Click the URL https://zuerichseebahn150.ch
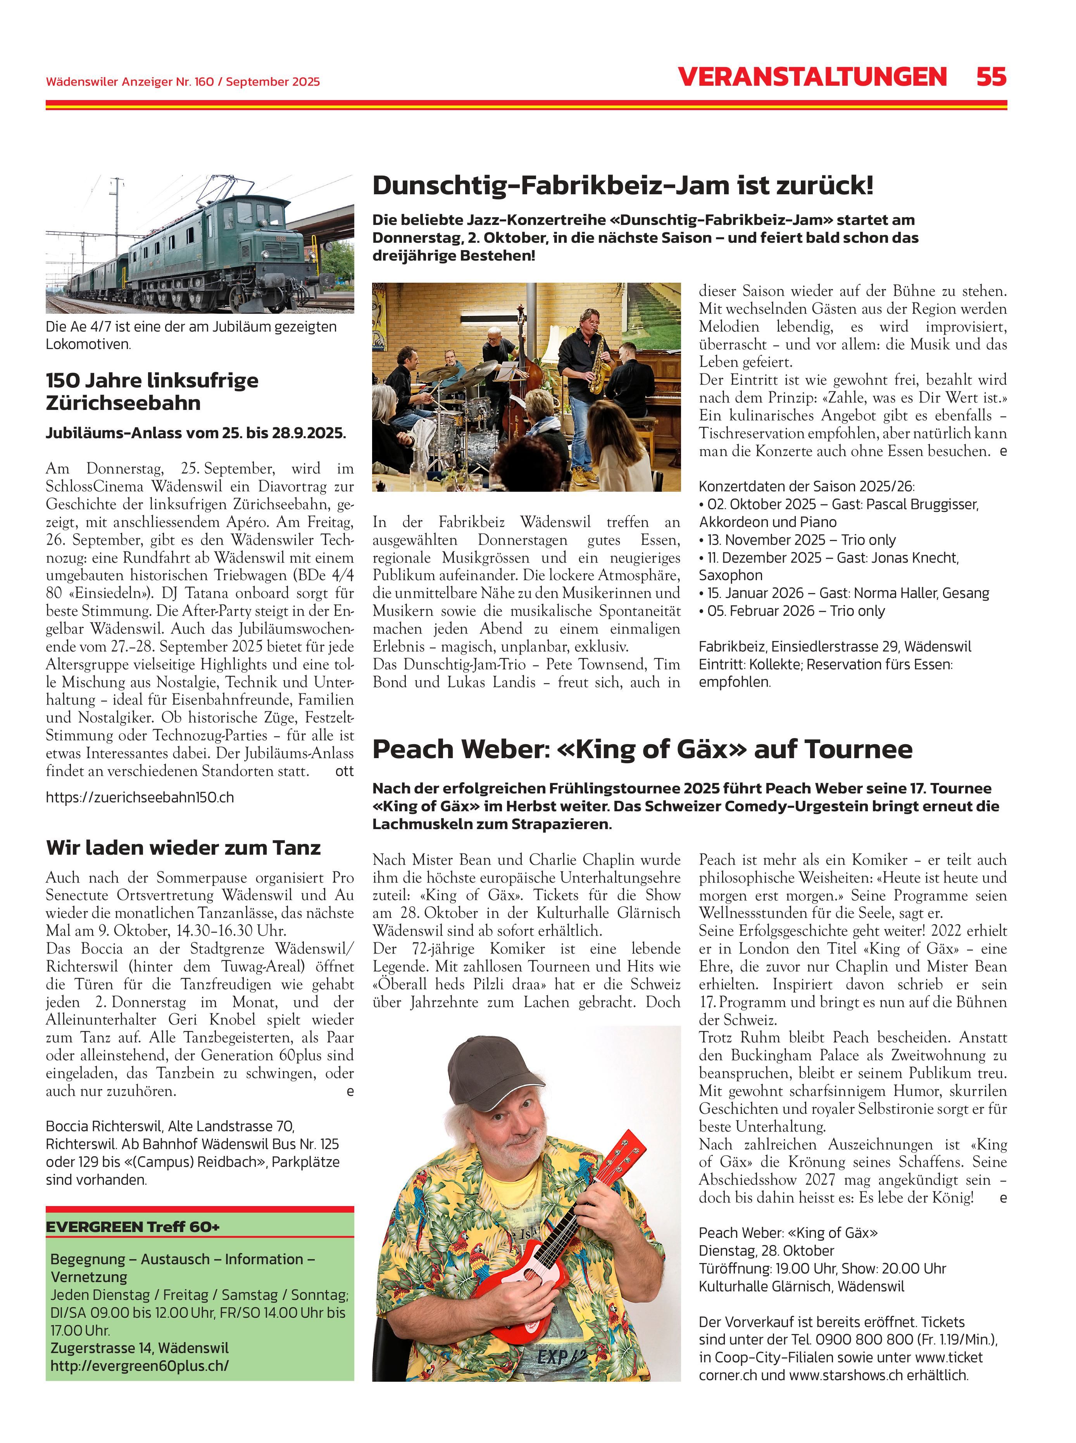point(140,797)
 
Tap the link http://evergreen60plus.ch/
point(140,1365)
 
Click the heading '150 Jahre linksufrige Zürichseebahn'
point(152,392)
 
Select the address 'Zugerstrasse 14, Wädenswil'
point(140,1348)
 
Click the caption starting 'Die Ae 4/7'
point(191,335)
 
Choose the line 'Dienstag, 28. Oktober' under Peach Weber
point(766,1251)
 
